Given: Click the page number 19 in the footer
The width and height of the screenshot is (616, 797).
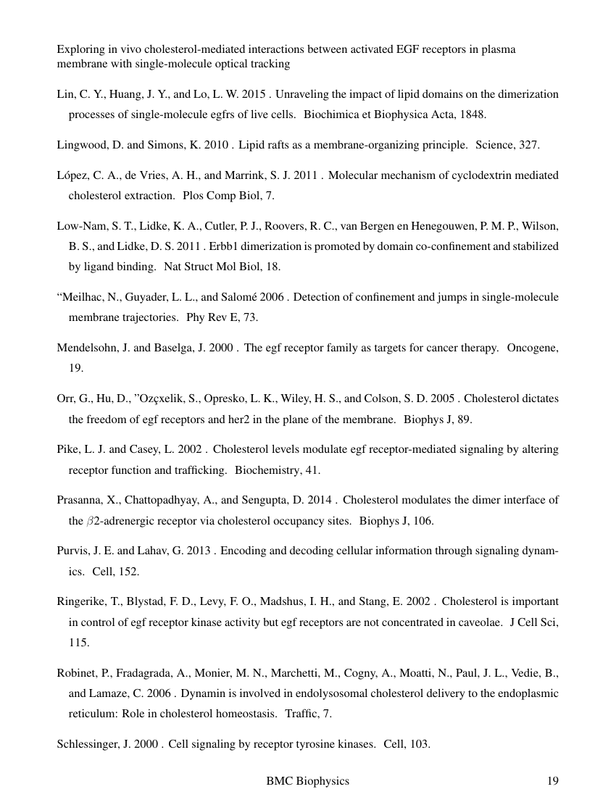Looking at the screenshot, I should click(x=552, y=780).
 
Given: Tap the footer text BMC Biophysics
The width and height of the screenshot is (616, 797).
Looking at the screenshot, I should click(x=307, y=780).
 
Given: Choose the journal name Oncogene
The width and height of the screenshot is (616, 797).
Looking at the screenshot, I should click(x=533, y=348).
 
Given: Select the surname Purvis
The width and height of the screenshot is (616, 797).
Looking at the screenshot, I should click(x=72, y=551).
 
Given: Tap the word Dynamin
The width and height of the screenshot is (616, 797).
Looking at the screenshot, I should click(x=204, y=693).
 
